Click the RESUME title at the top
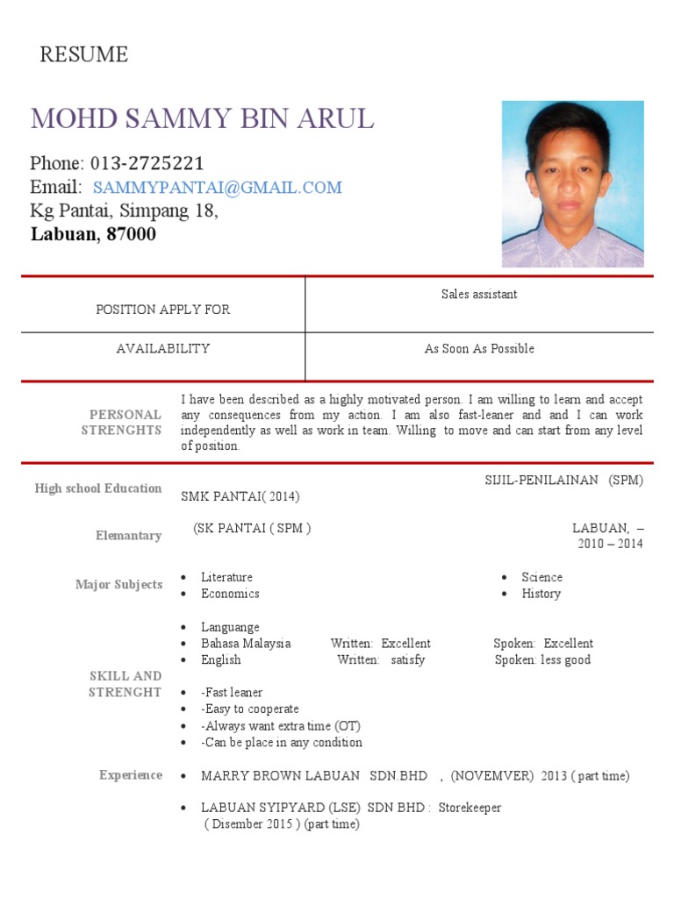pyautogui.click(x=84, y=55)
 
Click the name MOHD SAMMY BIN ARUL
pyautogui.click(x=202, y=118)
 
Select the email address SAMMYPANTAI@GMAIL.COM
pyautogui.click(x=218, y=187)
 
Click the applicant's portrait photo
pyautogui.click(x=572, y=183)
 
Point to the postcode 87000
pyautogui.click(x=131, y=234)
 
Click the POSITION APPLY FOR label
pyautogui.click(x=163, y=310)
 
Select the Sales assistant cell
pyautogui.click(x=479, y=294)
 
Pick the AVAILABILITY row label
pyautogui.click(x=163, y=348)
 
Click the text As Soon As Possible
pyautogui.click(x=479, y=348)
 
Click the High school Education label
pyautogui.click(x=98, y=488)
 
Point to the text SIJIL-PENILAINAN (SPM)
pyautogui.click(x=563, y=480)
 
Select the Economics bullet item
pyautogui.click(x=230, y=594)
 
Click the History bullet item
pyautogui.click(x=541, y=594)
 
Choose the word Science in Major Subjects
pyautogui.click(x=541, y=577)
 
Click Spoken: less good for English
pyautogui.click(x=542, y=659)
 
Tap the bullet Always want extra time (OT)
pyautogui.click(x=281, y=726)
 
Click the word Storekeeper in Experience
pyautogui.click(x=470, y=807)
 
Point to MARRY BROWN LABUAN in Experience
pyautogui.click(x=281, y=776)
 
